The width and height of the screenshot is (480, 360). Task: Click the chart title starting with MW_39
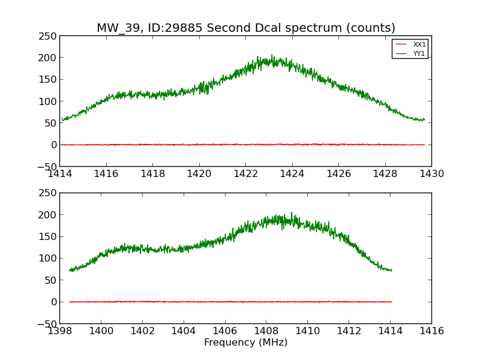point(246,28)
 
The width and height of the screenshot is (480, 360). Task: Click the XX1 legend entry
point(419,44)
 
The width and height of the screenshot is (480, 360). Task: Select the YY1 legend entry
point(419,53)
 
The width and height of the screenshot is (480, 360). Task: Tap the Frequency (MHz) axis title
point(245,343)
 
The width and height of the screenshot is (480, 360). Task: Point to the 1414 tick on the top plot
point(60,174)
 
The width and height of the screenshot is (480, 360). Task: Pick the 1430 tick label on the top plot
point(431,174)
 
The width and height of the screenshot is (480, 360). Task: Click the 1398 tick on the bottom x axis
point(60,331)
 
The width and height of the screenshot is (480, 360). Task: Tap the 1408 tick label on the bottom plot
point(266,331)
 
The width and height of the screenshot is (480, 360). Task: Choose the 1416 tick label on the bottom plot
point(431,331)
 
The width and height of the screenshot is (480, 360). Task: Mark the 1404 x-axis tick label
point(184,331)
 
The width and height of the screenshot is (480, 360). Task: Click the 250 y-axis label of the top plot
point(49,36)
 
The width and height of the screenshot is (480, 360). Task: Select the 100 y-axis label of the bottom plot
point(49,258)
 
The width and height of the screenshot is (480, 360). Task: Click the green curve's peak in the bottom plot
point(292,212)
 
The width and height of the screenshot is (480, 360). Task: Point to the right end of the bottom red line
point(391,302)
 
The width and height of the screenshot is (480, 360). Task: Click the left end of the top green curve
point(62,120)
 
